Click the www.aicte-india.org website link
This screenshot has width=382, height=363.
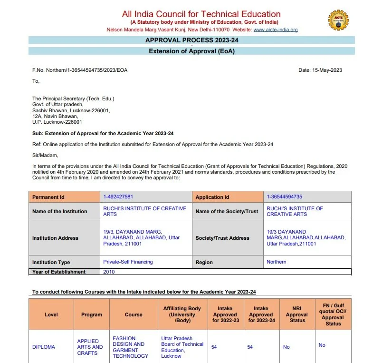pos(276,29)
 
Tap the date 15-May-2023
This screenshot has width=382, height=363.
pos(320,70)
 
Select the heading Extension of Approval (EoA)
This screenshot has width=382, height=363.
pos(191,51)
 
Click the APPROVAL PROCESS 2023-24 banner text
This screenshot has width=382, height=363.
pos(191,40)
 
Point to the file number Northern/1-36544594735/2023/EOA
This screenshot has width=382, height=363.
pos(80,70)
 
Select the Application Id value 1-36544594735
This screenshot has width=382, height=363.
pos(284,196)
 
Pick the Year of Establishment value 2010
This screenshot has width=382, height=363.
pos(109,272)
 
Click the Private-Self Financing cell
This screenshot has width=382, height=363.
pos(128,262)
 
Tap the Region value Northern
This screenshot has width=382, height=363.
pos(277,262)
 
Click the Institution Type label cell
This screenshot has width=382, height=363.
pos(51,262)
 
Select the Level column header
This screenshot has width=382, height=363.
pos(51,314)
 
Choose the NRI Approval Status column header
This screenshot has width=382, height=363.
pos(297,314)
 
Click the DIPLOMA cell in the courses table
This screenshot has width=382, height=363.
pos(44,347)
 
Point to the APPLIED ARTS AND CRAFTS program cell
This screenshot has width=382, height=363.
pos(90,347)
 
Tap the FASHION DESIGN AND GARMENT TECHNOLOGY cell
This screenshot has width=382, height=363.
pos(130,347)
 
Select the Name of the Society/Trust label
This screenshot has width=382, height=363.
pos(227,211)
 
